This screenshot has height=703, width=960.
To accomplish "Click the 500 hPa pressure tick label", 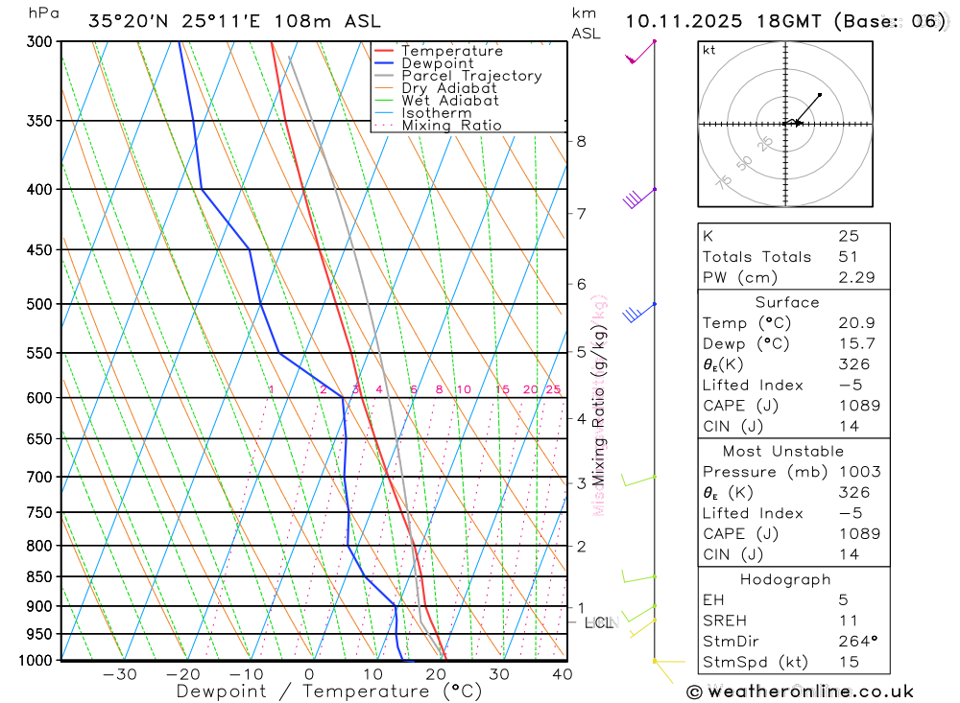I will [39, 304].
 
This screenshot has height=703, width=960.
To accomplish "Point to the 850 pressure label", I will [39, 576].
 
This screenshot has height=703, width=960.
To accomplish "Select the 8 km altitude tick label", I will [581, 141].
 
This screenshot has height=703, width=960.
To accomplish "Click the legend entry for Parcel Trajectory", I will [470, 76].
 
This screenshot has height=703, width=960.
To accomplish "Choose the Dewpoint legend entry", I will [437, 63].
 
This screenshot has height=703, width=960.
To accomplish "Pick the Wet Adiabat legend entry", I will [449, 101].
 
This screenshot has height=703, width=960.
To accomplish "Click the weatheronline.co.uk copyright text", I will [801, 691].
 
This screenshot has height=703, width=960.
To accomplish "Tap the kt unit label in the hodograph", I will [708, 50].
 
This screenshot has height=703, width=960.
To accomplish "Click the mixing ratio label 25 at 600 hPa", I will [553, 389].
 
